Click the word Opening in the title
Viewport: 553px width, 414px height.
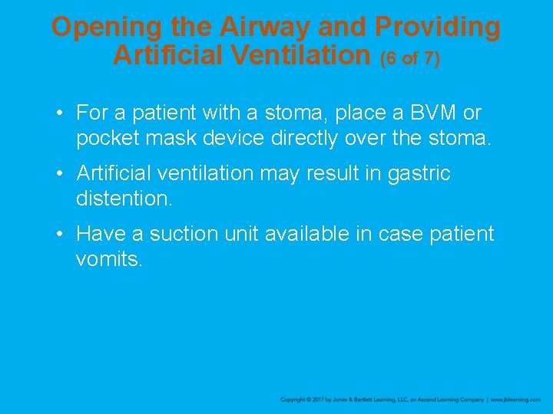(107, 28)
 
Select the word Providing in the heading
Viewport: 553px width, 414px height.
(438, 28)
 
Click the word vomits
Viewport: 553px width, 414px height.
(109, 260)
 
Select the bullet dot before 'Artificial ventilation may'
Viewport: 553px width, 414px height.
(58, 174)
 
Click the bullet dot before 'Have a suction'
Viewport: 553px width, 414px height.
(58, 234)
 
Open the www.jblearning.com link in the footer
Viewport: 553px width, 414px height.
(515, 400)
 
